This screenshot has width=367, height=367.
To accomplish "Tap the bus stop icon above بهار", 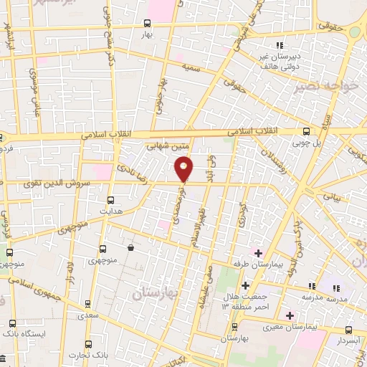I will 147,23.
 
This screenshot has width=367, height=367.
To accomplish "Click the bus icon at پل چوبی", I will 307,131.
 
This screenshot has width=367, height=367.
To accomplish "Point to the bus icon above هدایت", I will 110,200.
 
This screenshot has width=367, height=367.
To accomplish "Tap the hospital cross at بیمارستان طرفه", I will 258,253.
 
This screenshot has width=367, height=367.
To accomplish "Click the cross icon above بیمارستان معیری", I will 290,315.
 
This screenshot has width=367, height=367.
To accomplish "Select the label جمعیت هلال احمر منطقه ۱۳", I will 244,301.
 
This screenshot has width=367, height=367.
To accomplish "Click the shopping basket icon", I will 130,248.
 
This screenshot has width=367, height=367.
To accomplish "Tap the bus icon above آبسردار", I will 348,330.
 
